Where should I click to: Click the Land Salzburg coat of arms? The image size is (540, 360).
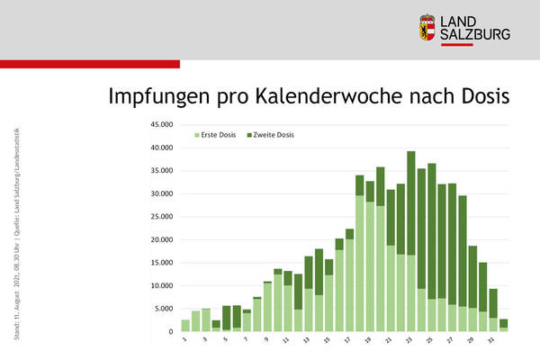click(x=429, y=27)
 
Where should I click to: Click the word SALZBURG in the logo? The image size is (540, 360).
click(x=476, y=34)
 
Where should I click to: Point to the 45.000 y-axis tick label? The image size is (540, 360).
click(x=160, y=125)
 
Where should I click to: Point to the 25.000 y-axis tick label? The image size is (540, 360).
click(x=160, y=217)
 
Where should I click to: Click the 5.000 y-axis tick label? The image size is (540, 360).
click(x=163, y=309)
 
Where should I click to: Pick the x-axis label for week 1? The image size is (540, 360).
click(x=185, y=339)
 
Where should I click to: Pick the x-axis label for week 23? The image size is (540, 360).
click(x=411, y=340)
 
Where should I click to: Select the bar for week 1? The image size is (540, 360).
click(x=185, y=326)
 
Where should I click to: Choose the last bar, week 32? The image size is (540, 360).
click(x=504, y=326)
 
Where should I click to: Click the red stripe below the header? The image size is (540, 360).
click(x=90, y=64)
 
